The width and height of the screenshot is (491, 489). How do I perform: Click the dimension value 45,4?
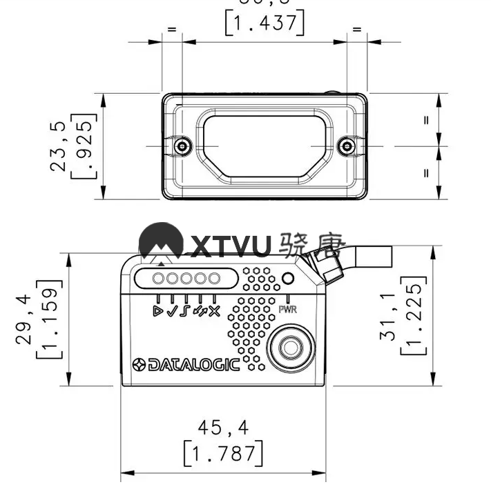point(222,428)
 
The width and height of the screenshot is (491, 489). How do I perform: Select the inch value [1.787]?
point(223,453)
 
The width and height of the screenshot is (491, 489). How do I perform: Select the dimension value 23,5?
point(58,146)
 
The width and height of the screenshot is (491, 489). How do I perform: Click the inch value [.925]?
point(84,146)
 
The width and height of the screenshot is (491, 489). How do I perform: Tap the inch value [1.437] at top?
point(264,23)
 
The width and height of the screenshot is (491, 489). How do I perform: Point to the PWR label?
point(288,310)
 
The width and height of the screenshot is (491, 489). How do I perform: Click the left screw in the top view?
point(182,146)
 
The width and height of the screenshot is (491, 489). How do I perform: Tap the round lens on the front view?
point(288,347)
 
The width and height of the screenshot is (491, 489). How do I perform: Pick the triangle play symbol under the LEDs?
point(159,310)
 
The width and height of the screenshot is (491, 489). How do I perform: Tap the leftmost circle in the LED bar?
point(159,279)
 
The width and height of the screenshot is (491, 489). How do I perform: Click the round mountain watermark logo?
point(161,243)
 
